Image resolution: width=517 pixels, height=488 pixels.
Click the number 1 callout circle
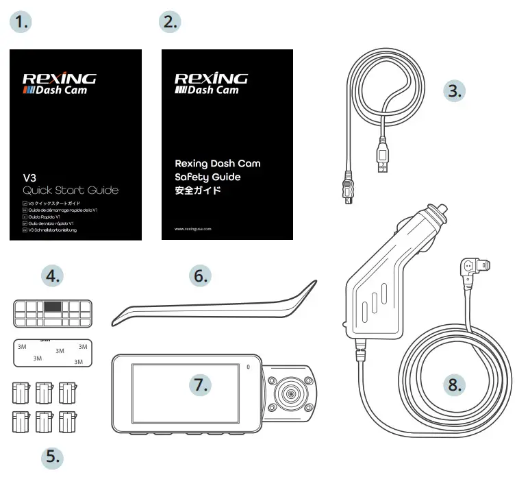point(23,22)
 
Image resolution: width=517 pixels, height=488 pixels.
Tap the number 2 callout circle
point(170,22)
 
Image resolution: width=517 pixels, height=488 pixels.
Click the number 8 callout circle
point(453,385)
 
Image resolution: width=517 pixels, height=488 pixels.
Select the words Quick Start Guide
point(70,191)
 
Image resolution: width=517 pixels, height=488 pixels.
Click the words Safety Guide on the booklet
point(207,177)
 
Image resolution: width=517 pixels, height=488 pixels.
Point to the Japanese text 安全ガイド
point(198,190)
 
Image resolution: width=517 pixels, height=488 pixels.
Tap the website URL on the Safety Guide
point(193,229)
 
